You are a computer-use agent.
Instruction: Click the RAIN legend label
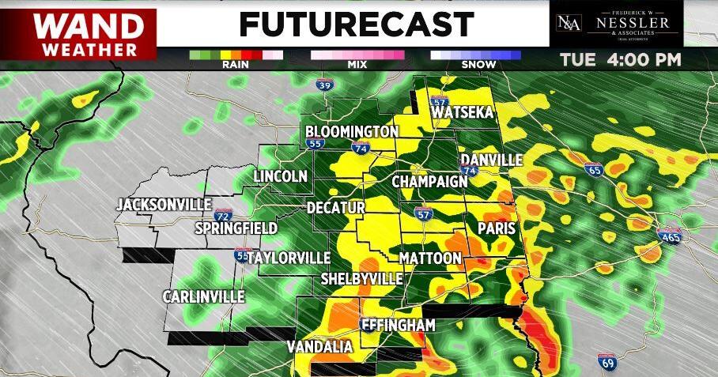(236, 66)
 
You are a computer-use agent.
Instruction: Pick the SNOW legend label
(475, 66)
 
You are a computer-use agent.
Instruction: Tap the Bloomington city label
(351, 131)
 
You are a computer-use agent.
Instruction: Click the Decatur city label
(336, 207)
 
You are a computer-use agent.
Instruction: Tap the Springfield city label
(236, 228)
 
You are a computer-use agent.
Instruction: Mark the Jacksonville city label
(164, 205)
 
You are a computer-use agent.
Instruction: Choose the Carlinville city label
(203, 296)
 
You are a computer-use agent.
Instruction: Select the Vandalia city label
(319, 347)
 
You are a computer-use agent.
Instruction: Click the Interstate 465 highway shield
(668, 235)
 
